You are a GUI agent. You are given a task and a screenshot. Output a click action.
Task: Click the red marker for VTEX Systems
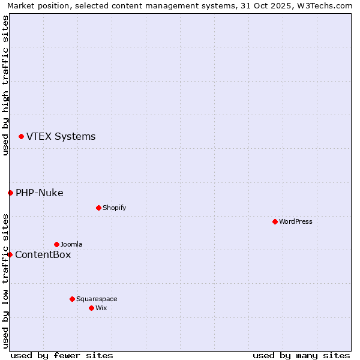tap(22, 137)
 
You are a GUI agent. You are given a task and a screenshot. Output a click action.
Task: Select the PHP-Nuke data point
tap(10, 193)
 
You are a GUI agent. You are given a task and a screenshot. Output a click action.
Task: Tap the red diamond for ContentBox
tap(10, 254)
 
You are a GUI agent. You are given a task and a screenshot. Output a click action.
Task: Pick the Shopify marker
tap(98, 208)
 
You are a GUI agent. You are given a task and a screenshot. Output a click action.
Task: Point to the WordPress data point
tap(275, 221)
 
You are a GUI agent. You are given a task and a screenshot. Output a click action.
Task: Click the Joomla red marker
tap(56, 244)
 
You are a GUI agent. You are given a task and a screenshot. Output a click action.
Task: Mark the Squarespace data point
tap(72, 299)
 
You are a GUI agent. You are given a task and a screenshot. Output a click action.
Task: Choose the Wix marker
tap(91, 308)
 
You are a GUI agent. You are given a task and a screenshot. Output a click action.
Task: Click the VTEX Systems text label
tap(61, 137)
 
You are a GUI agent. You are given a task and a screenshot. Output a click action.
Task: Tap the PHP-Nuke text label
tap(40, 193)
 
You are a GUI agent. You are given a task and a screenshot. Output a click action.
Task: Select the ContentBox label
tap(43, 255)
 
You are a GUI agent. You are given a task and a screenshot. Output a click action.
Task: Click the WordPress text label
tap(296, 222)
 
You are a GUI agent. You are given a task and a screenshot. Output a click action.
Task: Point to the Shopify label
tap(114, 208)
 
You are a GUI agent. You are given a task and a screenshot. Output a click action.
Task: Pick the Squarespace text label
tap(97, 299)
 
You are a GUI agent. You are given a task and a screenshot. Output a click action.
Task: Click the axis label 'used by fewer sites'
tap(62, 355)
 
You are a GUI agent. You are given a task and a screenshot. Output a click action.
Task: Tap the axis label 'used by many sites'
tap(301, 355)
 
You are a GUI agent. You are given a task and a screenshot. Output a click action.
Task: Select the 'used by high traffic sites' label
tap(5, 85)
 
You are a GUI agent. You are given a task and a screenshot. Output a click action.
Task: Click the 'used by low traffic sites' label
tap(5, 280)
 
